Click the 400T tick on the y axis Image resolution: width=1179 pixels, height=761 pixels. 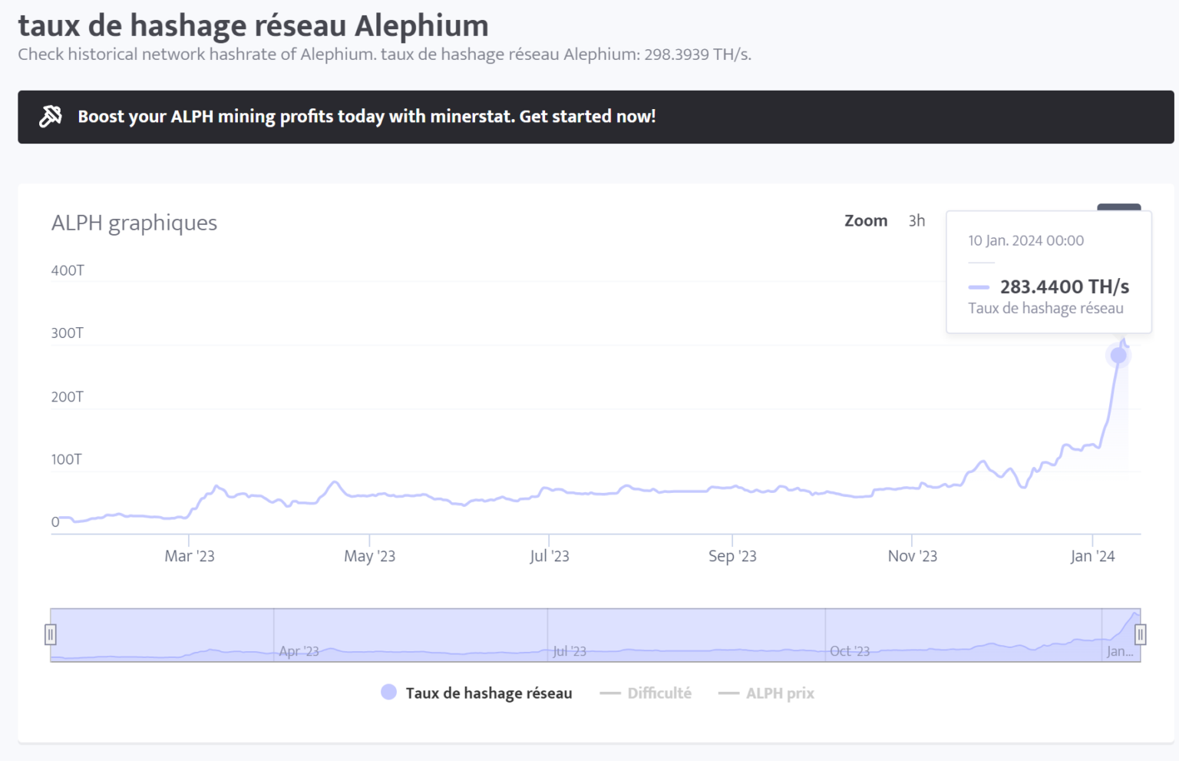tap(68, 270)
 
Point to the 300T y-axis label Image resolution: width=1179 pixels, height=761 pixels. tap(68, 333)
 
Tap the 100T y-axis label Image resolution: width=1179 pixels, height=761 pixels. tap(67, 459)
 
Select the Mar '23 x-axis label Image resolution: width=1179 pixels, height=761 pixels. tap(190, 556)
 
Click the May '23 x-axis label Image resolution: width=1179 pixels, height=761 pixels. tap(369, 556)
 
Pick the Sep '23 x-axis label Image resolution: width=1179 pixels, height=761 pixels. tap(732, 556)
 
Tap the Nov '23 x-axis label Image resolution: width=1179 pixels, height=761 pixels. tap(912, 556)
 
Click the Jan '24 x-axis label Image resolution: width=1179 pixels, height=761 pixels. tap(1092, 556)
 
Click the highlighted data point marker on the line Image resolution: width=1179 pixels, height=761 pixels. tap(1118, 356)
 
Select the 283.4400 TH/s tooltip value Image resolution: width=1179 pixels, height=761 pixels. tap(1064, 287)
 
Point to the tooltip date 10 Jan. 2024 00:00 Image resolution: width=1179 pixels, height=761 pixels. tap(1025, 240)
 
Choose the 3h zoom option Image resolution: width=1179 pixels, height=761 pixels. tap(916, 221)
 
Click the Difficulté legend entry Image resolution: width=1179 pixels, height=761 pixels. tap(659, 693)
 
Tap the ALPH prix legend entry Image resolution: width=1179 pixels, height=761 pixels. tap(779, 693)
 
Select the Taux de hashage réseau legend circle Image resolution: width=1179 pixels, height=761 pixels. tap(389, 693)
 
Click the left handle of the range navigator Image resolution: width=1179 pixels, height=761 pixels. tap(51, 634)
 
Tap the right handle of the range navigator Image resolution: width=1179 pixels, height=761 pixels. tap(1140, 634)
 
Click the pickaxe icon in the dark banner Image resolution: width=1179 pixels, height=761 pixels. tap(51, 117)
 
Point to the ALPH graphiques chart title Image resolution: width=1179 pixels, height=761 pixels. tap(134, 223)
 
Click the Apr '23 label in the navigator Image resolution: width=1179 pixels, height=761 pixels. tap(299, 651)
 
